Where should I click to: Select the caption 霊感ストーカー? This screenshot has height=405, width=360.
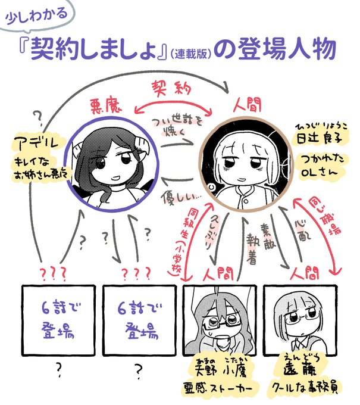[x=220, y=389]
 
